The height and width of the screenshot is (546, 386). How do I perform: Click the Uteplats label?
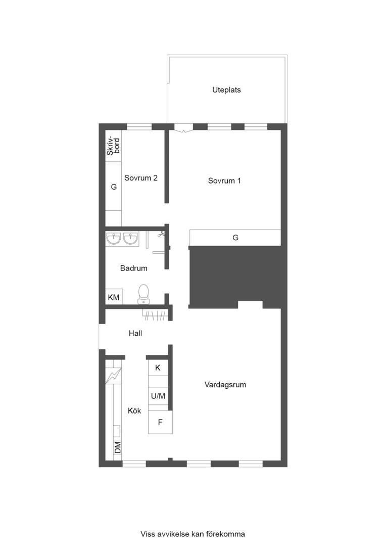[226, 90]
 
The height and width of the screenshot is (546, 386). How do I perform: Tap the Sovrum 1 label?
[224, 180]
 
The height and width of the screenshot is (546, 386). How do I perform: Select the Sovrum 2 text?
[141, 178]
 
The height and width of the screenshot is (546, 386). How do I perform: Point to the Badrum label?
[134, 268]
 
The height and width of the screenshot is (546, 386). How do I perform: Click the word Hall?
[135, 333]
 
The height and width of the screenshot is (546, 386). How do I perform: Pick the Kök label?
[134, 411]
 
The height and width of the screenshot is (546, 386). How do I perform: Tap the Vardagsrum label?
[225, 385]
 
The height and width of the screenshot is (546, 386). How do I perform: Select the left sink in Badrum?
[114, 239]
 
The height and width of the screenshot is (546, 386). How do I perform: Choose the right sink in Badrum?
[131, 239]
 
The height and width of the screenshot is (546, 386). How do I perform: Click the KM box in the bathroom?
[114, 297]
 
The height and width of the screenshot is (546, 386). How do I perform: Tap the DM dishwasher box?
[118, 447]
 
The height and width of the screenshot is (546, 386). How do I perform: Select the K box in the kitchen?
[158, 368]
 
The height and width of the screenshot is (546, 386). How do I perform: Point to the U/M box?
[158, 396]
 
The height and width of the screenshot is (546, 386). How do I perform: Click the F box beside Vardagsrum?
[161, 422]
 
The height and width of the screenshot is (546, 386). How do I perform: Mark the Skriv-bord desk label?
[114, 147]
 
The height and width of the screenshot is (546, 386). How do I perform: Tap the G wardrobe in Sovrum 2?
[114, 186]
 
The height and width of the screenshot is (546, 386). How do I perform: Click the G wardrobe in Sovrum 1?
[235, 238]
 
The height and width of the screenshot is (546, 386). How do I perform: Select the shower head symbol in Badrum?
[161, 235]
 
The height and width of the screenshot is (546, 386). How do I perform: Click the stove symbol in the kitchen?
[114, 376]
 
